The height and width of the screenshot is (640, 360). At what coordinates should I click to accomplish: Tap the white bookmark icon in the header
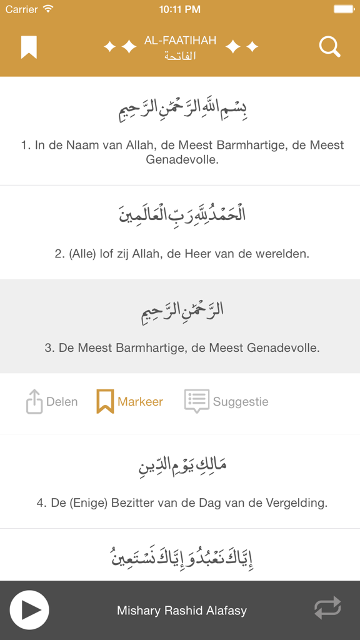[x=29, y=47]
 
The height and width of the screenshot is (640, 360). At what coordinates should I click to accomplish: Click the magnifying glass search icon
[x=329, y=47]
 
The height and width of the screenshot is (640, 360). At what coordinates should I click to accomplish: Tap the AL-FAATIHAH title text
[x=180, y=41]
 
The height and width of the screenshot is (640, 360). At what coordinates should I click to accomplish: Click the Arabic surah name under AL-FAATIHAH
[x=180, y=56]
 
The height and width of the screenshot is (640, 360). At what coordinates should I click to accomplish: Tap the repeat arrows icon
[x=327, y=608]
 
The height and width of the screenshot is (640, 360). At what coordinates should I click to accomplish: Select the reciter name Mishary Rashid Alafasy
[x=181, y=611]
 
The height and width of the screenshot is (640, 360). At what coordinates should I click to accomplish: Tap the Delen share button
[x=52, y=401]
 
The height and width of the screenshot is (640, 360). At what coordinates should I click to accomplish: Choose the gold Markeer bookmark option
[x=130, y=401]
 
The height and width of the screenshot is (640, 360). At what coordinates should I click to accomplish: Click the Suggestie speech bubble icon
[x=196, y=401]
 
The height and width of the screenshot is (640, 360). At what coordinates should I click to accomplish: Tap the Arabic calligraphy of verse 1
[x=182, y=109]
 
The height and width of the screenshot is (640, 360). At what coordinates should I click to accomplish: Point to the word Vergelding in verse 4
[x=297, y=502]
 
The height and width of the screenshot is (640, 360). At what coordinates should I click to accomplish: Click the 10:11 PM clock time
[x=180, y=9]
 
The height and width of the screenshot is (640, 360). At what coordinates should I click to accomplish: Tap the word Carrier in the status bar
[x=22, y=9]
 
